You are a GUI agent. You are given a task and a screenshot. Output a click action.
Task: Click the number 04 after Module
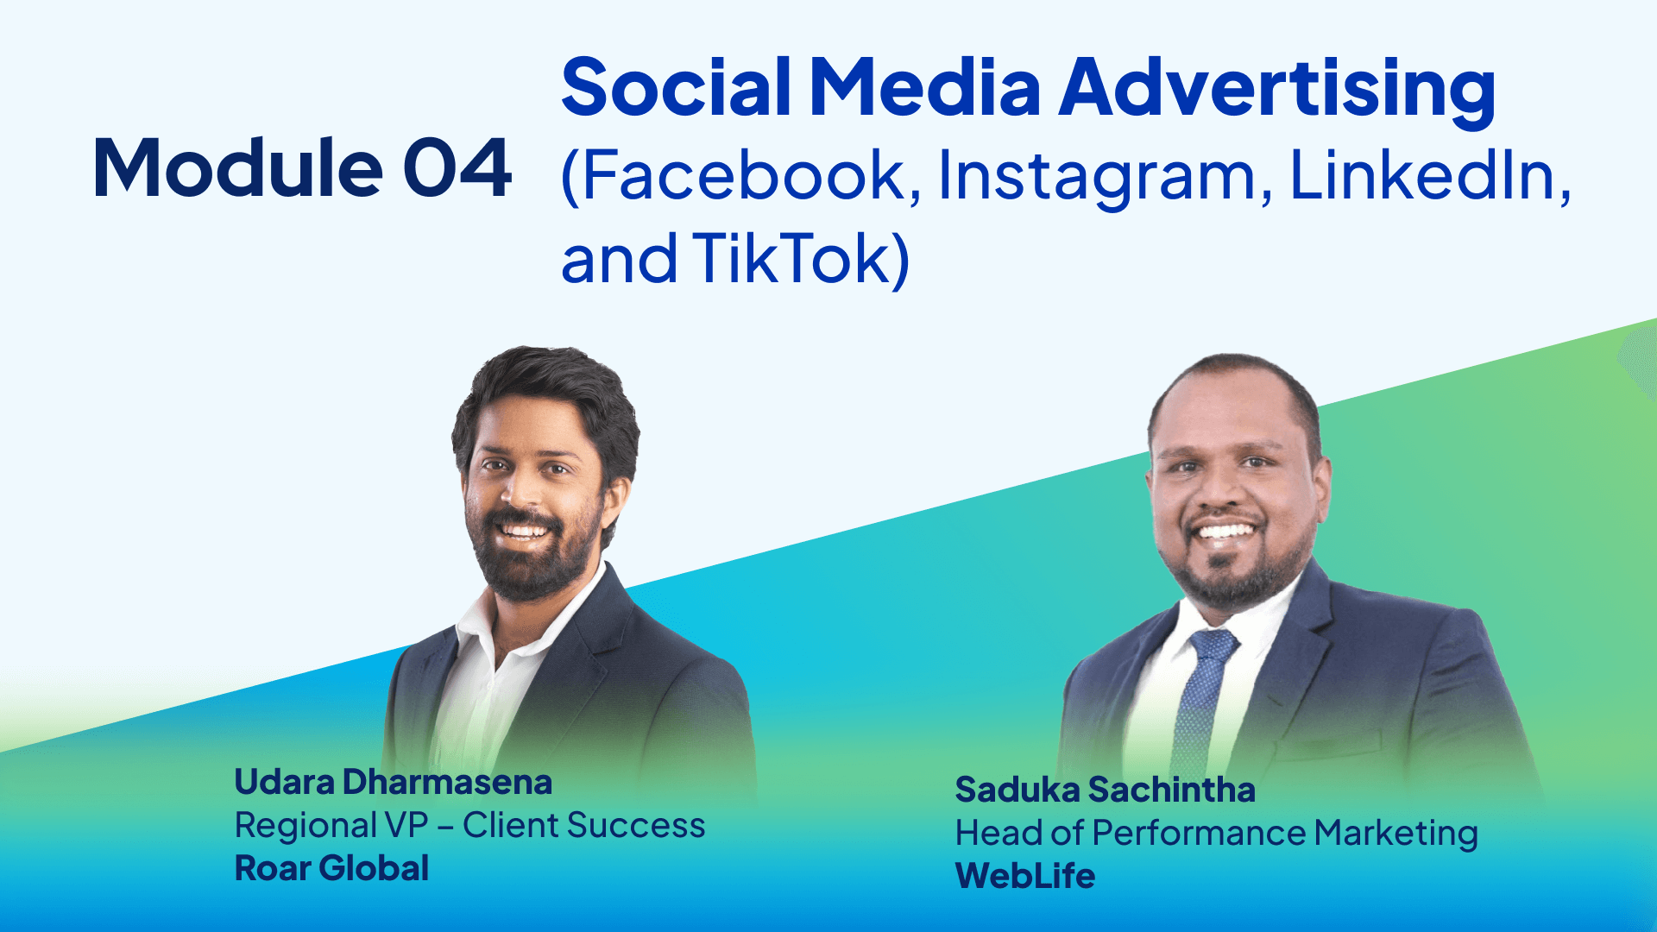click(457, 168)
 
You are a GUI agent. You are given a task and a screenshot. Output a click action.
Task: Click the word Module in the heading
click(237, 168)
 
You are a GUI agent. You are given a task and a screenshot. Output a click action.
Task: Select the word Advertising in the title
click(1277, 88)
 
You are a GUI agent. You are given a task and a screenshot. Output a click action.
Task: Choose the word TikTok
click(790, 258)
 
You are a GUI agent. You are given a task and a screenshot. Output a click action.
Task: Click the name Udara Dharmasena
click(394, 782)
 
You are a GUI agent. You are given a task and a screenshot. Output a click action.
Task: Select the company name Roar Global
click(331, 868)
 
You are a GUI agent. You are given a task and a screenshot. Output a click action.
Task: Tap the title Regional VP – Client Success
click(469, 825)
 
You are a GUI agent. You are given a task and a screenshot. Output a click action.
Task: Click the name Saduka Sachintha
click(1105, 790)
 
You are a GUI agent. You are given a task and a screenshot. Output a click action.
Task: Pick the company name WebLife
click(1025, 876)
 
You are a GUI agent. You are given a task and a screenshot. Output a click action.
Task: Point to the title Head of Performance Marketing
click(1216, 833)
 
